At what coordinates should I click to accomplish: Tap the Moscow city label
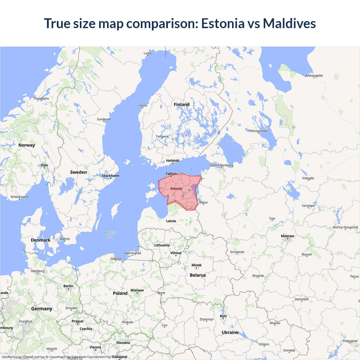(287, 236)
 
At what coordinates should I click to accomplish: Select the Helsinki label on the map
(173, 161)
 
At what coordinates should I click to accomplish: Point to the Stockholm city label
(111, 176)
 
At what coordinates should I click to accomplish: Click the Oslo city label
(44, 165)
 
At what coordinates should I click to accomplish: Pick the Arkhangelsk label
(314, 76)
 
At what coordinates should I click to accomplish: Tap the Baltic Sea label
(110, 235)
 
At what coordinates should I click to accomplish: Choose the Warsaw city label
(137, 290)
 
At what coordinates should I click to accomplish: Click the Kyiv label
(223, 316)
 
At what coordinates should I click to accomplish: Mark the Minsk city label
(196, 265)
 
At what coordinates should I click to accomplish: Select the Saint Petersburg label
(221, 165)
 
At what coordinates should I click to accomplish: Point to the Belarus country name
(198, 275)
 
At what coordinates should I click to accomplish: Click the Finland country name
(182, 105)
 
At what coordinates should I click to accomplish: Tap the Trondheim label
(41, 98)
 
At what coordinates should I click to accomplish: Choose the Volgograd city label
(350, 341)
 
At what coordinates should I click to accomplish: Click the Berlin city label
(68, 286)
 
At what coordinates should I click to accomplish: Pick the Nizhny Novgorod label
(345, 227)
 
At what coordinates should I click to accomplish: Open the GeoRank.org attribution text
(11, 357)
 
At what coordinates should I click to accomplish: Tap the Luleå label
(147, 53)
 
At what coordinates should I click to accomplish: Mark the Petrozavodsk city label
(258, 131)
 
